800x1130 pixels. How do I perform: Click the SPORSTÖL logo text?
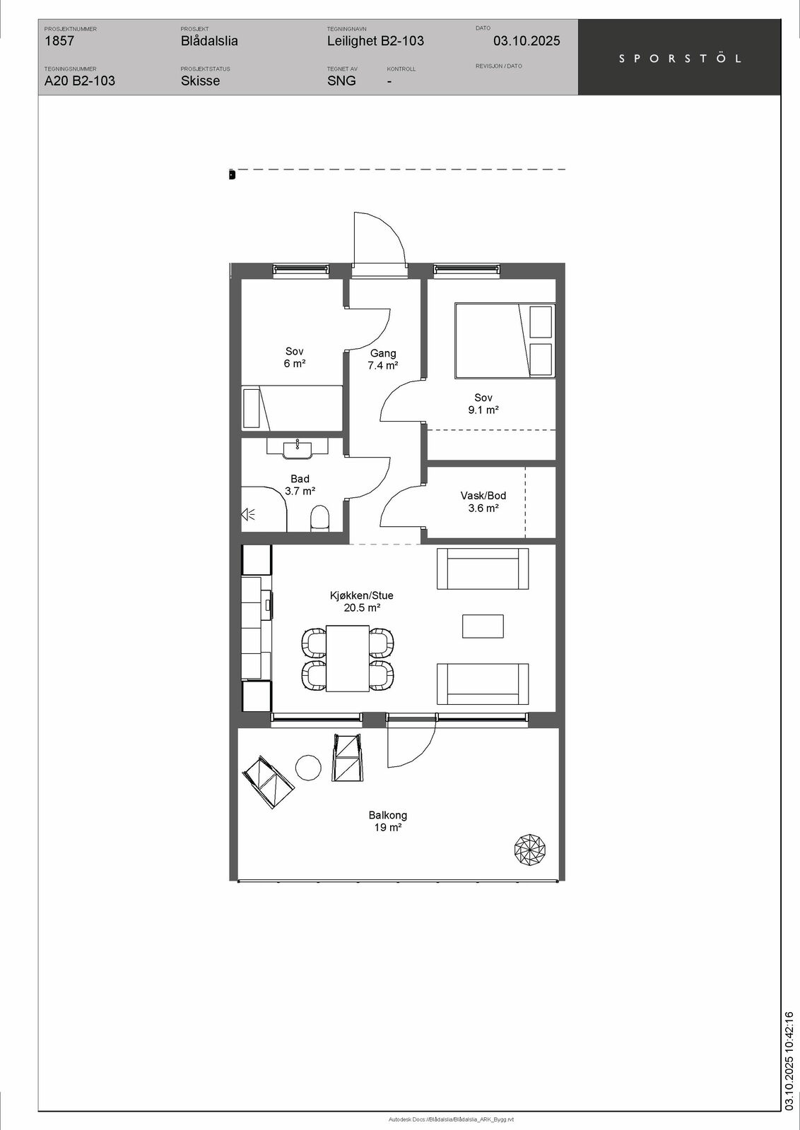(x=680, y=59)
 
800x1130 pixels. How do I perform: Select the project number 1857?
(x=59, y=41)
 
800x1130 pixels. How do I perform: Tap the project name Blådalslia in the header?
(x=209, y=41)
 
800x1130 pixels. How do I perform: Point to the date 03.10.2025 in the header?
(x=527, y=41)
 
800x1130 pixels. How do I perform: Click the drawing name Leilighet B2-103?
(x=375, y=41)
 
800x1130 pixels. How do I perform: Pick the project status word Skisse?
(x=201, y=81)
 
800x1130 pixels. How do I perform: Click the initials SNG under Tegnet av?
(x=341, y=81)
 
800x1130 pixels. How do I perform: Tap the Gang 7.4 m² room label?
(x=382, y=359)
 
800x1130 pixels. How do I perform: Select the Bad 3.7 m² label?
(x=300, y=484)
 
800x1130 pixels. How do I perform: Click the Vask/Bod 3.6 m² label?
(x=483, y=501)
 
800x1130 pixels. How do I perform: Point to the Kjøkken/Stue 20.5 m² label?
(x=361, y=601)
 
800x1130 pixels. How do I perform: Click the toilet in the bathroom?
(x=319, y=518)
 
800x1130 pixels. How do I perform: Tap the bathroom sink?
(x=298, y=448)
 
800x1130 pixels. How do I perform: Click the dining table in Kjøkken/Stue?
(x=347, y=658)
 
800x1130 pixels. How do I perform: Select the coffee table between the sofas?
(x=483, y=626)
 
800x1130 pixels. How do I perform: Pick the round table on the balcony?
(x=308, y=767)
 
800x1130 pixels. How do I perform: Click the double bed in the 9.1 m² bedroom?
(x=505, y=340)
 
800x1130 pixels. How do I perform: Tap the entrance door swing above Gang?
(x=379, y=239)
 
